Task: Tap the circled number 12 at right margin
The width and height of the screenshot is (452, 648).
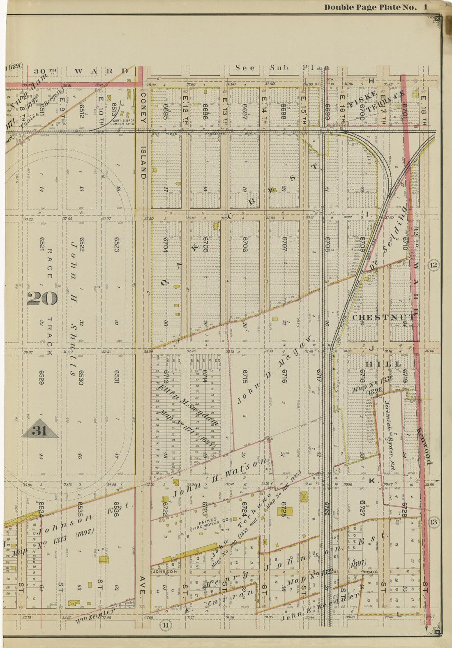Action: click(433, 265)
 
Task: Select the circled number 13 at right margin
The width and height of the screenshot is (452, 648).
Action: click(433, 522)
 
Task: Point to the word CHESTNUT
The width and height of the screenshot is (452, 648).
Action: click(383, 317)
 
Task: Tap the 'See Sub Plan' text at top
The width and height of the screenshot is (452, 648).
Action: click(282, 68)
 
